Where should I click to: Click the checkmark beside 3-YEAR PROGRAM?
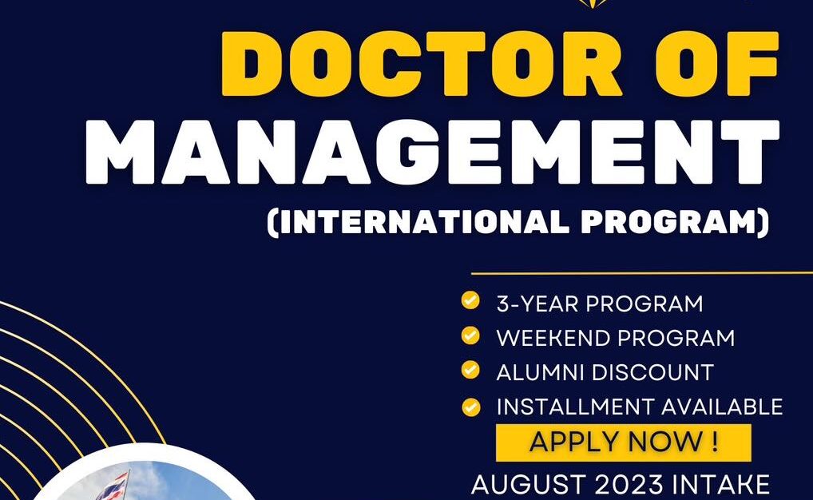click(x=470, y=301)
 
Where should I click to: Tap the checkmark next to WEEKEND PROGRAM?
click(x=470, y=335)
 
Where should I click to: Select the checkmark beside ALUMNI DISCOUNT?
click(x=470, y=370)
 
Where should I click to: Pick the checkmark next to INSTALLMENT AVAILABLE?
click(x=470, y=404)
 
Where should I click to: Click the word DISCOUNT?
click(x=654, y=372)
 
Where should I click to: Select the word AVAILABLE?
click(x=720, y=407)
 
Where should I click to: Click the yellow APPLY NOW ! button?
click(x=623, y=442)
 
